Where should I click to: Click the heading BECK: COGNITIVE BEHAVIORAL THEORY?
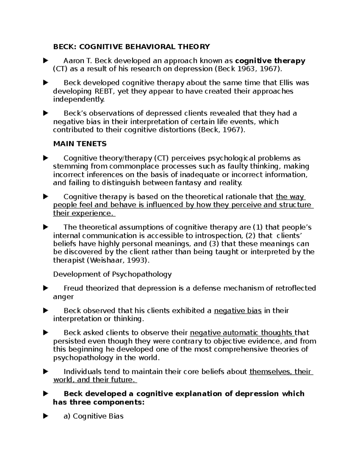click(x=131, y=47)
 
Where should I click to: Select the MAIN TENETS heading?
click(x=80, y=144)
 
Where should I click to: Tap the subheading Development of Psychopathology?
click(x=112, y=274)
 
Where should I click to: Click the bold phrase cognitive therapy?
click(x=270, y=61)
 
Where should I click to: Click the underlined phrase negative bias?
click(x=238, y=311)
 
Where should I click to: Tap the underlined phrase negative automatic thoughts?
click(x=241, y=333)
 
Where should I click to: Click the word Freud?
click(x=73, y=288)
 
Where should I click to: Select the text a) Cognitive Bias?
click(x=94, y=416)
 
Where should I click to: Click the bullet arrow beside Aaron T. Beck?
click(x=46, y=61)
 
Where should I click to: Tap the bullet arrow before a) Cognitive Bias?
click(x=46, y=416)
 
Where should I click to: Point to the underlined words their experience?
click(x=83, y=213)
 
